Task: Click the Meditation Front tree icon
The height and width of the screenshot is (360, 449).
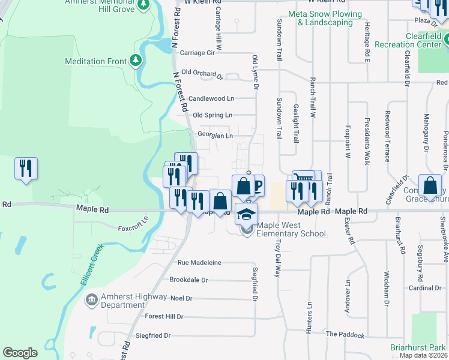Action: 136,61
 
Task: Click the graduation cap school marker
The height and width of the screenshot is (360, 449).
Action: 246,214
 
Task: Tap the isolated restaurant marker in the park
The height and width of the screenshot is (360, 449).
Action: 26,169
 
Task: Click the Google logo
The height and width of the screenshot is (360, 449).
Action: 20,353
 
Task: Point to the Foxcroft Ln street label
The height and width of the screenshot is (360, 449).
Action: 133,228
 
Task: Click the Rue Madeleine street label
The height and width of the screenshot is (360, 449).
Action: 199,263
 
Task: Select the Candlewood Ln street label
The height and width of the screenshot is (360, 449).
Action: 211,98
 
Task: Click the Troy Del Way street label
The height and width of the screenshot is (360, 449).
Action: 277,256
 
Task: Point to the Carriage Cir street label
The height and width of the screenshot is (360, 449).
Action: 197,53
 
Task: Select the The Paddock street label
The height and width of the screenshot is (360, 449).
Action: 345,334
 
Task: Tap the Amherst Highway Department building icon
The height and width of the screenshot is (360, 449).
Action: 91,299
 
